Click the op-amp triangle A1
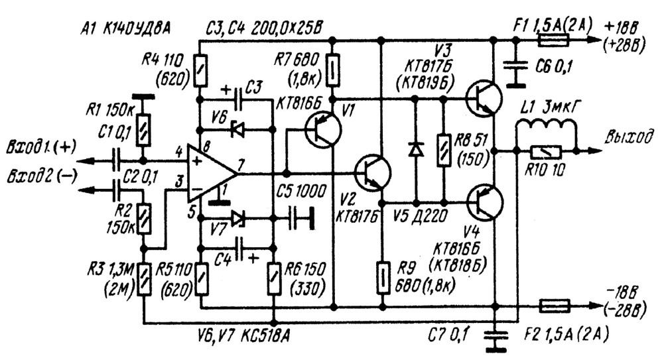click(x=210, y=173)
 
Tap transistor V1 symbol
click(x=322, y=129)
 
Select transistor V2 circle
click(x=373, y=173)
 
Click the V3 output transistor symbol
click(x=484, y=98)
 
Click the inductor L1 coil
click(x=547, y=127)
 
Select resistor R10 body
click(x=546, y=150)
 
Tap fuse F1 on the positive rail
click(x=553, y=40)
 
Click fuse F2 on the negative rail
click(x=555, y=306)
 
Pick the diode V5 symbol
click(x=417, y=149)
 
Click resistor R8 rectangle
click(x=444, y=150)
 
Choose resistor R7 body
click(x=333, y=69)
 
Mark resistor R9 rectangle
click(x=382, y=277)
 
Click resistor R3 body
click(x=145, y=279)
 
